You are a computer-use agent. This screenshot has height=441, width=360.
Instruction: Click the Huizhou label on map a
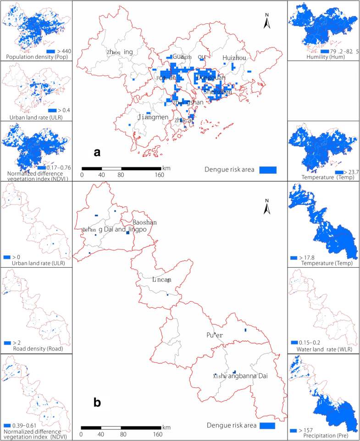click(234, 57)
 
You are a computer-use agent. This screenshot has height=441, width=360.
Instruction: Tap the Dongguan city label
click(211, 78)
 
